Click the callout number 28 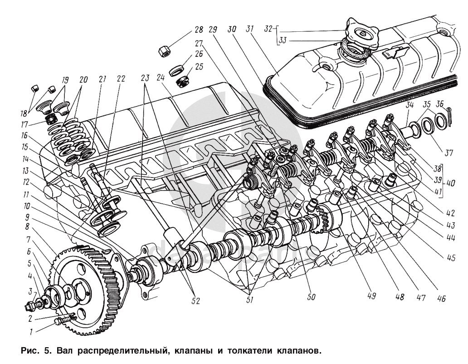point(199,30)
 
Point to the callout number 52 point(195,300)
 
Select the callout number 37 point(448,152)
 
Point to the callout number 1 point(31,332)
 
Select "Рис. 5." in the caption point(36,351)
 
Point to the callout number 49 point(372,297)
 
